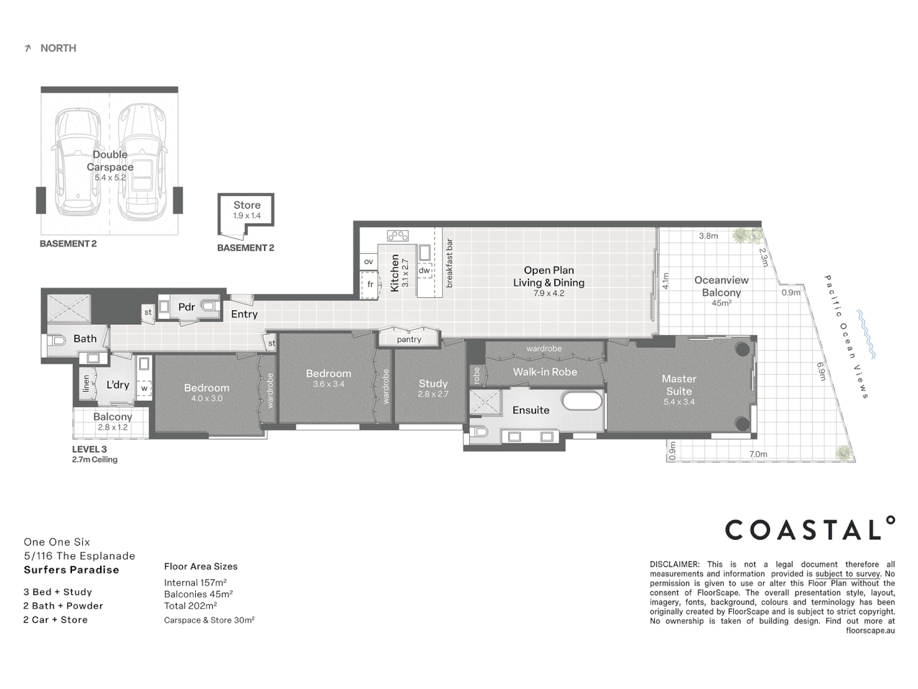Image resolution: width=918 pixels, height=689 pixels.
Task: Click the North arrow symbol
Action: point(27,48)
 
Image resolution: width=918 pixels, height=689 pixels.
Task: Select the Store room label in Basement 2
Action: point(247,205)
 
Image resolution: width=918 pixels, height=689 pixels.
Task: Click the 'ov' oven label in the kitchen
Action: point(368,262)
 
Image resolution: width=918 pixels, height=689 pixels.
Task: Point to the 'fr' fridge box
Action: point(370,285)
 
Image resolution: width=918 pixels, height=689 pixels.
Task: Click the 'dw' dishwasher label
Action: point(424,270)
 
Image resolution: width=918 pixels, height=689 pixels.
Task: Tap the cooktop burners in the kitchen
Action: point(398,235)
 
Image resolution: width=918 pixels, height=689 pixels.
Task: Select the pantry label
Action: point(409,339)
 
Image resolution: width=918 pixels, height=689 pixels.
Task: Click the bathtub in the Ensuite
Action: point(581,401)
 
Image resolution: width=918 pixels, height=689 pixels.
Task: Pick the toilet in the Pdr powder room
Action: point(209,307)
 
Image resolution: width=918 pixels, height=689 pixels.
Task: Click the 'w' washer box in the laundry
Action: point(144,388)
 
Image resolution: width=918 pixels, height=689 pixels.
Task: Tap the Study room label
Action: point(433,383)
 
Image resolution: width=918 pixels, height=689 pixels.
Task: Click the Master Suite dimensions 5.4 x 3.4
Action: point(679,402)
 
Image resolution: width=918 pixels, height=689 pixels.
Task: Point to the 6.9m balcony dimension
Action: point(822,371)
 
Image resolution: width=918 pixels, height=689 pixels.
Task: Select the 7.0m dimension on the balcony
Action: point(758,454)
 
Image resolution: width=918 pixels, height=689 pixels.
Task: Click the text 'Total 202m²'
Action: point(190,606)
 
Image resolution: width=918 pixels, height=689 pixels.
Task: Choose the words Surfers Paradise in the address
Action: point(71,570)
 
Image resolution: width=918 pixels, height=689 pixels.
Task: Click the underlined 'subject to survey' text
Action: point(847,574)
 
